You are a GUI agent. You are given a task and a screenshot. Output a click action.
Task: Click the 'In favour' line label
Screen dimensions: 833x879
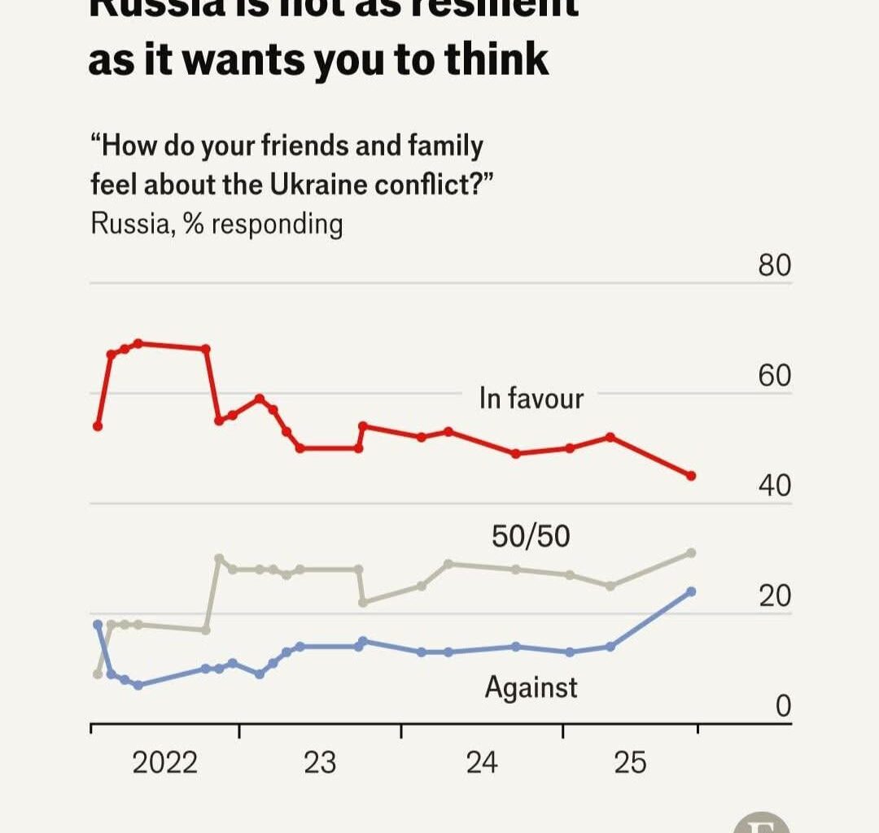531,399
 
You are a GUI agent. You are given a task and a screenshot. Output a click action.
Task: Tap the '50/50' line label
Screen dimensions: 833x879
531,537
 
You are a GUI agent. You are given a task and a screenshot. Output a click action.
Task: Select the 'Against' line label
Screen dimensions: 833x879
531,688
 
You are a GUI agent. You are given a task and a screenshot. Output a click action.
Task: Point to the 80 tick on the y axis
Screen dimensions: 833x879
774,266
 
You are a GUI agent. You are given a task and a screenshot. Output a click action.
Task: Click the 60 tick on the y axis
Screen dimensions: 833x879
774,377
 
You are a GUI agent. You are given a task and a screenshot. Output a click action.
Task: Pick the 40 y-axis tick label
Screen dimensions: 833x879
774,486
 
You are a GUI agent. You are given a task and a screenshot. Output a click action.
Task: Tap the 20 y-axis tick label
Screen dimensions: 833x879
774,596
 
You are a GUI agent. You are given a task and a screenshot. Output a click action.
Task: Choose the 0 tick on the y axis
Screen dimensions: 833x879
782,707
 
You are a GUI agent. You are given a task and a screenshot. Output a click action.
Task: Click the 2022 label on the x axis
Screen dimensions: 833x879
164,763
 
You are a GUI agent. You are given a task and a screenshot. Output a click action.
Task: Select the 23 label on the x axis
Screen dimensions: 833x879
319,763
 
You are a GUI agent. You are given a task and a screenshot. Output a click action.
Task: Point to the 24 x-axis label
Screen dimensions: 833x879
482,763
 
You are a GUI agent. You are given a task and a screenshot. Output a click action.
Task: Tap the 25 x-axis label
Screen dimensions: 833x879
629,763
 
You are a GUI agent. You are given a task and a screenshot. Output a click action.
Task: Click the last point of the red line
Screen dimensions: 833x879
691,476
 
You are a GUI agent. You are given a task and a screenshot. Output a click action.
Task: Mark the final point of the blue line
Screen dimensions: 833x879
691,591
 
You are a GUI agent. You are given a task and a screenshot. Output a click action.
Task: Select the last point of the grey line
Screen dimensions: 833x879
691,553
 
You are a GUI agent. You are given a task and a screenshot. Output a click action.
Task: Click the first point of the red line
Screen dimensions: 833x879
98,426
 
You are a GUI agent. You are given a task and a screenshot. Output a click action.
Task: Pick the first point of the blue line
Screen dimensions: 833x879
98,624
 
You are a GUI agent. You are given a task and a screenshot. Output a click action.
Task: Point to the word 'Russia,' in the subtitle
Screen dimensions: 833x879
133,224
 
